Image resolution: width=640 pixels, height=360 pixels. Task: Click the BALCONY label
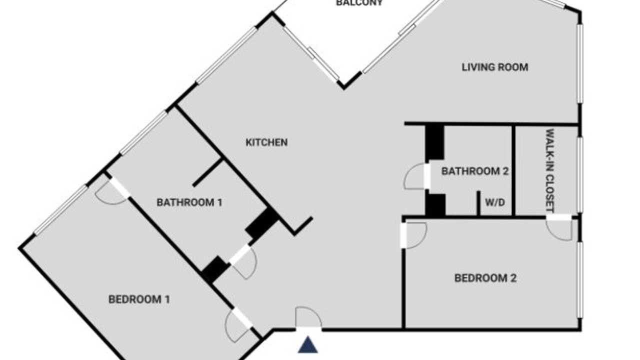point(359,3)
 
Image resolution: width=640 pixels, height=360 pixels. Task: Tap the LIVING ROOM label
point(495,67)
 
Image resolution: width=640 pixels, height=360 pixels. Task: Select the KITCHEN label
point(266,142)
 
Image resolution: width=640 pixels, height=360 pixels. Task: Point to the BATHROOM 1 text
point(189,202)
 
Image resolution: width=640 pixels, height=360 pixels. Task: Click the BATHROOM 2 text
point(475,171)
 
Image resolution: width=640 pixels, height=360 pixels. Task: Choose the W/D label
point(495,202)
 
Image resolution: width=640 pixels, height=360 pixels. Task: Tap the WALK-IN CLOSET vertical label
point(550,170)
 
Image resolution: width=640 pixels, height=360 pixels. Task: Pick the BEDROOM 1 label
point(139,299)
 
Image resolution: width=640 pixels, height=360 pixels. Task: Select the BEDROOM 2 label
point(485,278)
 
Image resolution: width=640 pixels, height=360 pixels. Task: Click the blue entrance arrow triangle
point(307,345)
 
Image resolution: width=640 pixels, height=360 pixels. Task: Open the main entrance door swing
point(308,317)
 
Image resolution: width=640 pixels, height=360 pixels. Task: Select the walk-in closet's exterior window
point(579,175)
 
